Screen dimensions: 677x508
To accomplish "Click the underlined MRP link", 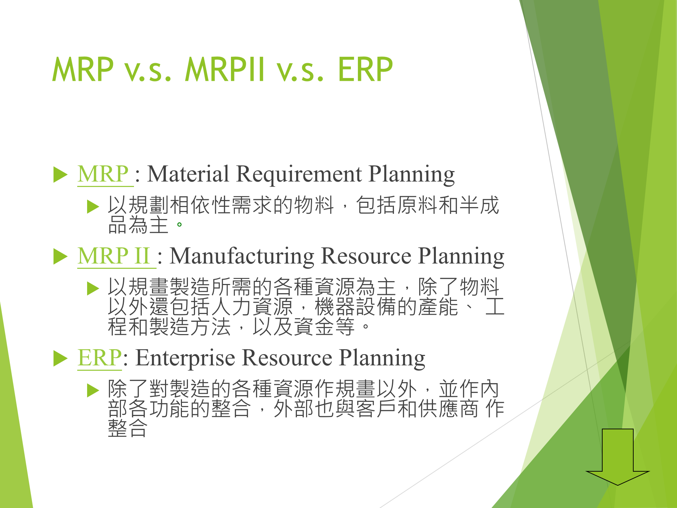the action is pyautogui.click(x=103, y=174).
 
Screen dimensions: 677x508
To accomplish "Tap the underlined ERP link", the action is pyautogui.click(x=100, y=358).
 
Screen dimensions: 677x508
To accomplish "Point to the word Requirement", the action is pyautogui.click(x=299, y=174).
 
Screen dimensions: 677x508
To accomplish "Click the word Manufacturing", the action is pyautogui.click(x=242, y=256).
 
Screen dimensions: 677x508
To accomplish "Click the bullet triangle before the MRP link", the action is pyautogui.click(x=60, y=175).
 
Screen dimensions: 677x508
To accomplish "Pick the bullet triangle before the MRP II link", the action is pyautogui.click(x=60, y=256).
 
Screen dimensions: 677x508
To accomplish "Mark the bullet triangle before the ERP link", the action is pyautogui.click(x=60, y=359).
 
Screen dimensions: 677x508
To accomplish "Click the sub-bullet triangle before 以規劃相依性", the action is pyautogui.click(x=93, y=207).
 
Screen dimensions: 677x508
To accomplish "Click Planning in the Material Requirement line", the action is pyautogui.click(x=412, y=174).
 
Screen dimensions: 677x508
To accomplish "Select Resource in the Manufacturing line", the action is pyautogui.click(x=366, y=256).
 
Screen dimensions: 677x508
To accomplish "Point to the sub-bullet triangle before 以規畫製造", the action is pyautogui.click(x=93, y=289).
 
